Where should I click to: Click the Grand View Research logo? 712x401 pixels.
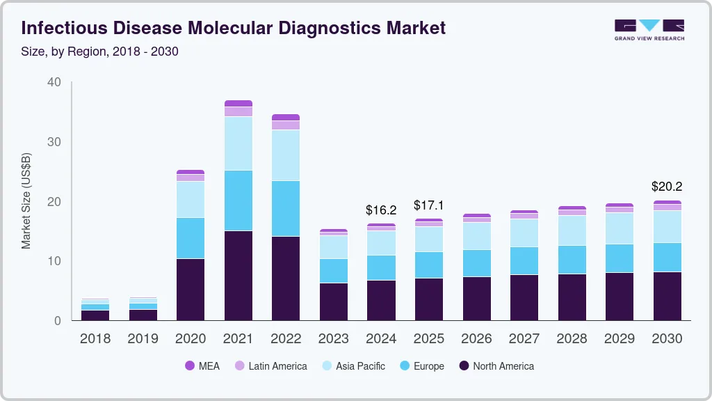click(x=649, y=29)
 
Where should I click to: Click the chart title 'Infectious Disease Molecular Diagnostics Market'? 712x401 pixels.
click(x=234, y=28)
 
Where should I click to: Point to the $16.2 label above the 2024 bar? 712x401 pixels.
click(x=381, y=210)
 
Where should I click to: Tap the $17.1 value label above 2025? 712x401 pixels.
click(x=429, y=205)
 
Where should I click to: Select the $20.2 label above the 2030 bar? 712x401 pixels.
click(x=667, y=187)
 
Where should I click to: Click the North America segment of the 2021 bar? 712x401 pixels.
click(x=238, y=275)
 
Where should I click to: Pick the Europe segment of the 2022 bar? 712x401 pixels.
click(x=286, y=208)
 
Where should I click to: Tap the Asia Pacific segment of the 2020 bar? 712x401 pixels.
click(x=191, y=199)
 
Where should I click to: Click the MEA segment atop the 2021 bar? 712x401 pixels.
click(x=238, y=103)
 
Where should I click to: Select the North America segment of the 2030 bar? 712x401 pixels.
click(x=667, y=296)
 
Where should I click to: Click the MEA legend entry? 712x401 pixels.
click(x=202, y=365)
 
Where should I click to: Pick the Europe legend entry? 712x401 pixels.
click(x=422, y=365)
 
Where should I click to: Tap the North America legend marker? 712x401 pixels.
click(x=464, y=365)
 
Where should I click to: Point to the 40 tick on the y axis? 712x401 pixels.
click(x=54, y=82)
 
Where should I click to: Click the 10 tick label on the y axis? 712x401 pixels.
click(x=54, y=261)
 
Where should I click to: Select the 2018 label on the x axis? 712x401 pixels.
click(x=95, y=338)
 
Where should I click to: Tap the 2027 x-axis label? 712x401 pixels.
click(x=524, y=338)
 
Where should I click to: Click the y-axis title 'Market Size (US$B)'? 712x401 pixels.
click(x=26, y=201)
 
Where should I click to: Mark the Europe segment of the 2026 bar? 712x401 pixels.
click(x=476, y=263)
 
